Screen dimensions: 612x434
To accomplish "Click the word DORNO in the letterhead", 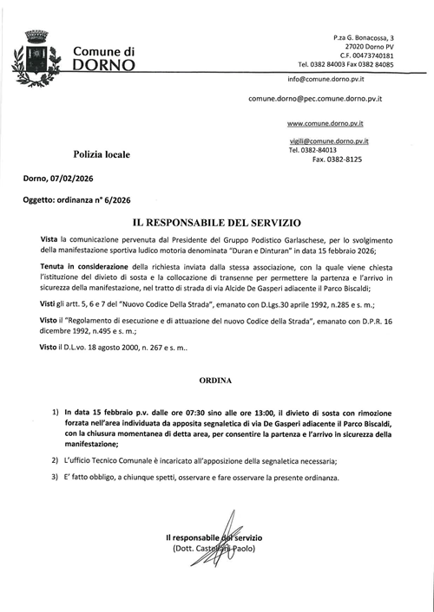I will point(104,64).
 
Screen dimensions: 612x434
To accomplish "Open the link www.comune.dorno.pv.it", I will point(325,123).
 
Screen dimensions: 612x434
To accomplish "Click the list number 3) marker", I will point(56,479).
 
